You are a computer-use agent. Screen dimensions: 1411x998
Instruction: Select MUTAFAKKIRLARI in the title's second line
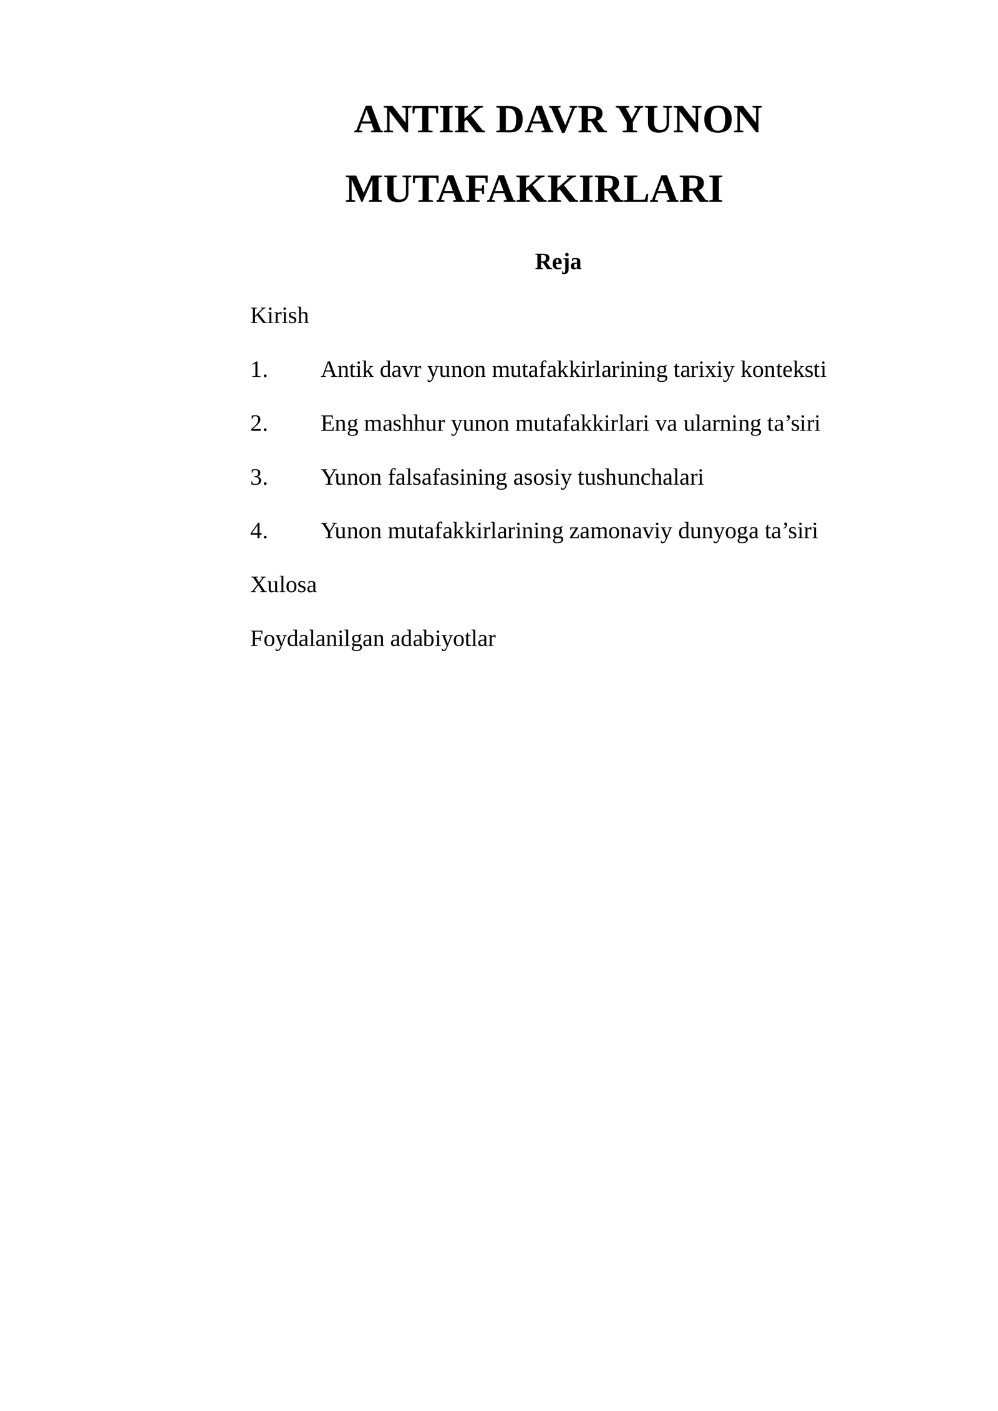pyautogui.click(x=534, y=190)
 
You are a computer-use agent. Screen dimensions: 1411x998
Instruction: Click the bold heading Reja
pyautogui.click(x=558, y=262)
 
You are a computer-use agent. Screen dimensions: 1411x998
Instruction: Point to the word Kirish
pyautogui.click(x=279, y=316)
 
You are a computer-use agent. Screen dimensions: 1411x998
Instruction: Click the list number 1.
pyautogui.click(x=258, y=370)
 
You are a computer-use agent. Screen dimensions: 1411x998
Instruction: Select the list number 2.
pyautogui.click(x=258, y=424)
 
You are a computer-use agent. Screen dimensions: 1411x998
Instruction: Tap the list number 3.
pyautogui.click(x=258, y=478)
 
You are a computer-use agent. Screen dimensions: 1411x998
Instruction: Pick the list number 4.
pyautogui.click(x=258, y=531)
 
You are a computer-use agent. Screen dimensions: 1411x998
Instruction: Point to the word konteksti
pyautogui.click(x=783, y=370)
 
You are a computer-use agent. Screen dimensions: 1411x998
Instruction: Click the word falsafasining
pyautogui.click(x=447, y=478)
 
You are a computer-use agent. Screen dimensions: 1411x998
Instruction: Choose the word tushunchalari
pyautogui.click(x=641, y=478)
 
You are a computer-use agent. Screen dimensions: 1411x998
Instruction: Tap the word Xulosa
pyautogui.click(x=283, y=585)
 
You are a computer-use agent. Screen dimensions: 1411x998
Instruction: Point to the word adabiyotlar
pyautogui.click(x=442, y=639)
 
